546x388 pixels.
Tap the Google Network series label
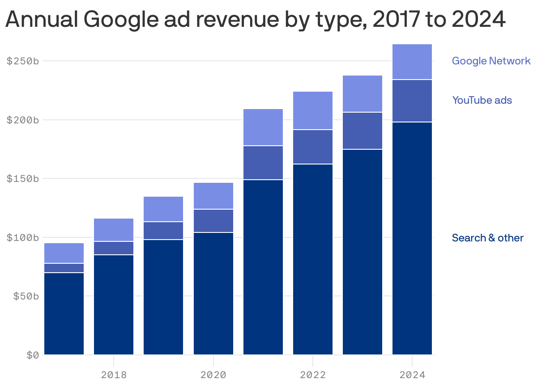point(491,61)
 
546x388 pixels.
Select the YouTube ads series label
point(482,100)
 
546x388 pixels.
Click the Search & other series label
point(487,238)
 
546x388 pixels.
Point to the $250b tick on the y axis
point(23,61)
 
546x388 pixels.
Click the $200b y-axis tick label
point(23,120)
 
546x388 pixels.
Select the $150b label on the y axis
point(23,179)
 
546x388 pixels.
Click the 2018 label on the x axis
point(114,374)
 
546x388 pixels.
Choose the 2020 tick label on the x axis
point(213,374)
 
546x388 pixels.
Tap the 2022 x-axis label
point(313,374)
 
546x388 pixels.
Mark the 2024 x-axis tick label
point(412,374)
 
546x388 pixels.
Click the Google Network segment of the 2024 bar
point(412,62)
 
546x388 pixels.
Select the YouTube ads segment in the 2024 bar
point(412,101)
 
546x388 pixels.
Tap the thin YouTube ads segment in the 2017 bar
point(64,268)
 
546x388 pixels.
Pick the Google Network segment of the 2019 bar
point(163,209)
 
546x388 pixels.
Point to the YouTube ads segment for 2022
point(313,147)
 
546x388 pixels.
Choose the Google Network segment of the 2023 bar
point(363,93)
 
